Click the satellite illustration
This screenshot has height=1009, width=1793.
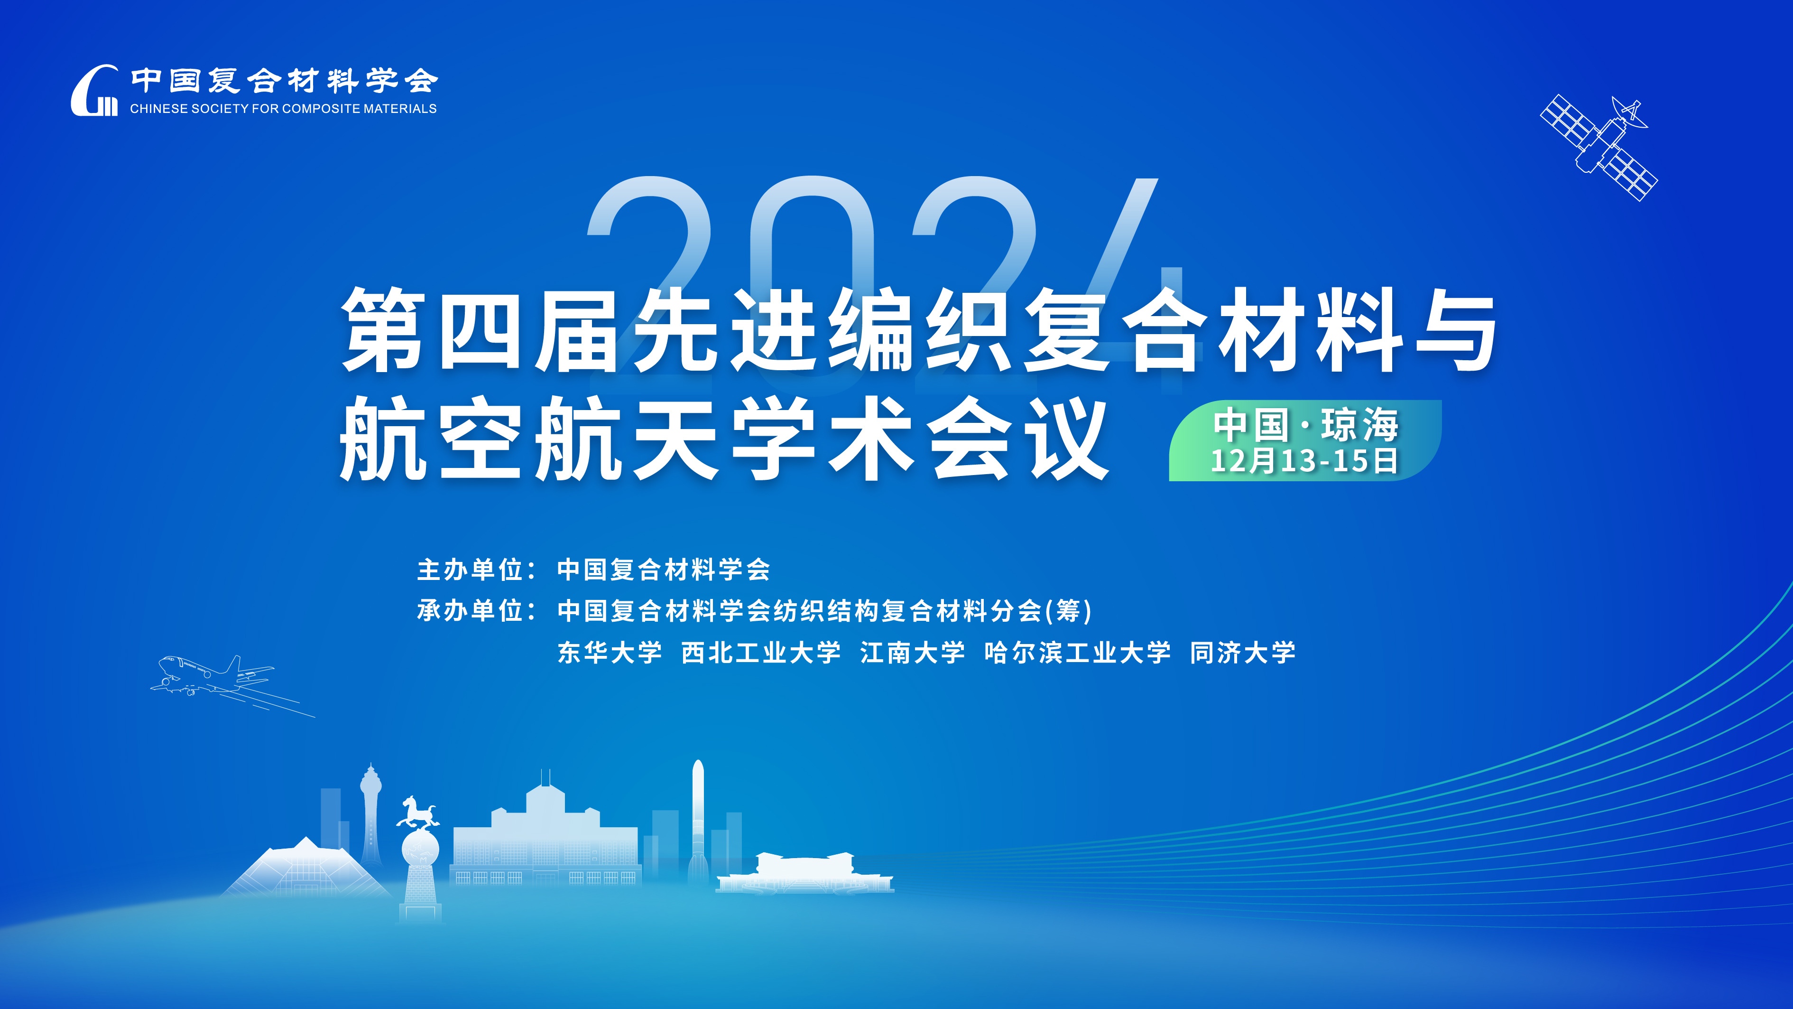pyautogui.click(x=1599, y=148)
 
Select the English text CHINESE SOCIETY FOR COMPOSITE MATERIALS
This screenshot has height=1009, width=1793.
pyautogui.click(x=283, y=109)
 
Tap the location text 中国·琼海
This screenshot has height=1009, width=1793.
pyautogui.click(x=1306, y=425)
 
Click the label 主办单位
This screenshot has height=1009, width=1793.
pyautogui.click(x=470, y=570)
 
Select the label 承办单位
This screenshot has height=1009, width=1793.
pyautogui.click(x=470, y=611)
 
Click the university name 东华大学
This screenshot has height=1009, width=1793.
pyautogui.click(x=610, y=653)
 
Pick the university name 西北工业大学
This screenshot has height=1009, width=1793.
pyautogui.click(x=761, y=653)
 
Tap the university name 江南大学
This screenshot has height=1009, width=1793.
pyautogui.click(x=913, y=653)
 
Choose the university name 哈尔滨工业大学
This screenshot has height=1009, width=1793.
pyautogui.click(x=1078, y=653)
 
